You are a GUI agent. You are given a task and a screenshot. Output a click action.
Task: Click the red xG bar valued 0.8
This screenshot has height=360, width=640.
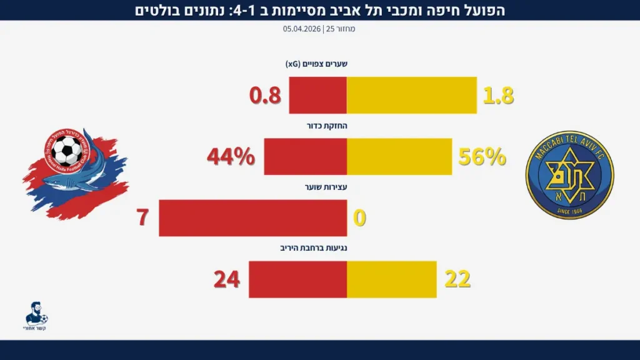[317, 95]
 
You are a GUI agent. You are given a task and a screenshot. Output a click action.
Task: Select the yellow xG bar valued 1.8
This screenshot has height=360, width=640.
[411, 95]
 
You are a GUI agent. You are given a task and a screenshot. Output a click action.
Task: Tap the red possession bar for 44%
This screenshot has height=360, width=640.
[305, 156]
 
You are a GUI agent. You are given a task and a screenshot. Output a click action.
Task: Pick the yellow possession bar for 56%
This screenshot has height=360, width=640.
[399, 156]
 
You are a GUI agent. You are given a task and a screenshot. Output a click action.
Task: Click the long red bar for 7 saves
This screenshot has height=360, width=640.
[252, 217]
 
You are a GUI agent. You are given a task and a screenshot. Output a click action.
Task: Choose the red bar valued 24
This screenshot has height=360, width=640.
[297, 279]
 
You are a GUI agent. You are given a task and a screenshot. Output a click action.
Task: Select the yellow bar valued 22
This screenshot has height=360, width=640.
[391, 279]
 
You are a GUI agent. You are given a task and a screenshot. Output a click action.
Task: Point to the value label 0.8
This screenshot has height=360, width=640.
[266, 96]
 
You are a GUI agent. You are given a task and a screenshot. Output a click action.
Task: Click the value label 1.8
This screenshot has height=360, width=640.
[498, 96]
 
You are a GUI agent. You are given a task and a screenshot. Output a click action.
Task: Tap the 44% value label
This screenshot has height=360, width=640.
[231, 157]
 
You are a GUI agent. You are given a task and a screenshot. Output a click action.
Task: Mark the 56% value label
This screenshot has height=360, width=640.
[482, 157]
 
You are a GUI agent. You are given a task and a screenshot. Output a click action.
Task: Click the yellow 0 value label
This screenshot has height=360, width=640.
[359, 218]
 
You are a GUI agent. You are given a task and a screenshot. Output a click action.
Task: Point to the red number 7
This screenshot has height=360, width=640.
[143, 218]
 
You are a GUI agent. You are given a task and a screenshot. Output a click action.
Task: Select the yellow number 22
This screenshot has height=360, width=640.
[457, 279]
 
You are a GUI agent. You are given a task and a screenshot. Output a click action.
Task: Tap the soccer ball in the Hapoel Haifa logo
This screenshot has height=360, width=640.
[66, 152]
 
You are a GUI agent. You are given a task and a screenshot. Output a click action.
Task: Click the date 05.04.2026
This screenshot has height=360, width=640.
[302, 29]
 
